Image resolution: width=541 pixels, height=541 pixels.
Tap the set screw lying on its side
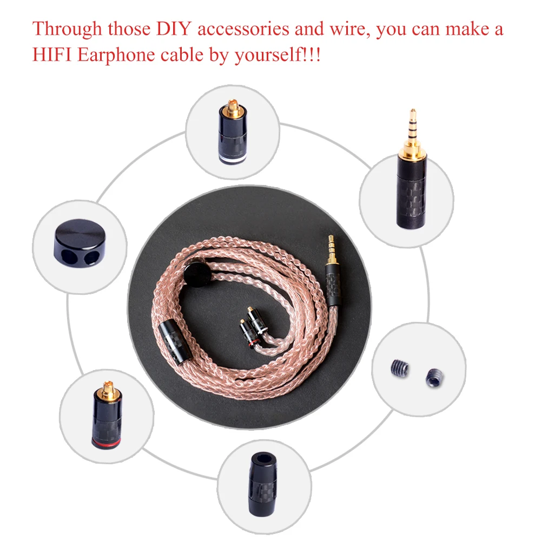tap(399, 370)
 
